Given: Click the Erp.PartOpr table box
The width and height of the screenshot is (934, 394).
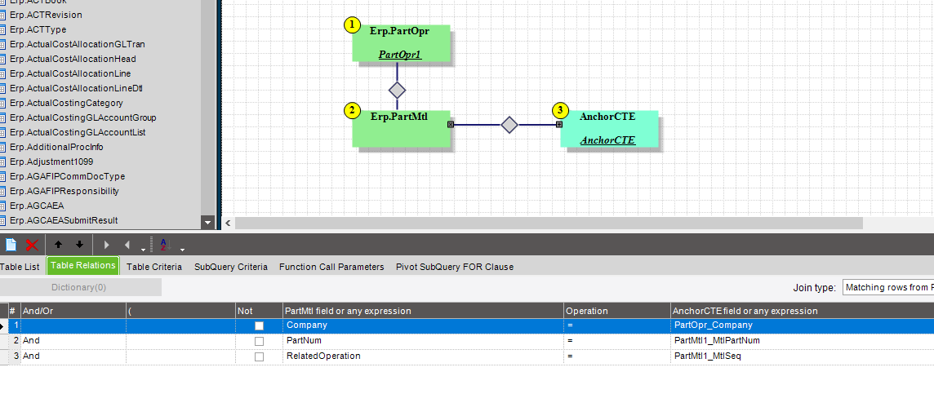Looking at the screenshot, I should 401,43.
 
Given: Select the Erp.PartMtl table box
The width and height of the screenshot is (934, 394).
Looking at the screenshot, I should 401,129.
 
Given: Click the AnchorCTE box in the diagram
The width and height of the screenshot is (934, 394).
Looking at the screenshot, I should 608,129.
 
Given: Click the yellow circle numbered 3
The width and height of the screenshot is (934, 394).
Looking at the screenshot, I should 559,110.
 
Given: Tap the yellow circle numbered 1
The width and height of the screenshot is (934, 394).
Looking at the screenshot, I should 352,24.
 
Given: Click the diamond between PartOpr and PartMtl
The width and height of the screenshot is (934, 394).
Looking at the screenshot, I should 397,90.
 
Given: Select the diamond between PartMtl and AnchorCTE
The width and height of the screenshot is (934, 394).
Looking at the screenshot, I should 509,125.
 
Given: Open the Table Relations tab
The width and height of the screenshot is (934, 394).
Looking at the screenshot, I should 83,266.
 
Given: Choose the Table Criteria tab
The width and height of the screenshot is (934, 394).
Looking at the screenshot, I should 154,267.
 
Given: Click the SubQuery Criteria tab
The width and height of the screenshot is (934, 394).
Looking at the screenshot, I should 230,267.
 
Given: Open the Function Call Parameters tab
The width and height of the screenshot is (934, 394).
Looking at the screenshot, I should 331,267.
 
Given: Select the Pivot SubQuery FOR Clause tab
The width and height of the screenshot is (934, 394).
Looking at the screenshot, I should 455,267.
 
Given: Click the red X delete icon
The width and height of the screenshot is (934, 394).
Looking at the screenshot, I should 32,244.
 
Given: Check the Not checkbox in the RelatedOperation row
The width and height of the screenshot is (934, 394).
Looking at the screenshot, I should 259,356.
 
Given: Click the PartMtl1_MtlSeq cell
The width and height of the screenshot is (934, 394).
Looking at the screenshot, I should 707,356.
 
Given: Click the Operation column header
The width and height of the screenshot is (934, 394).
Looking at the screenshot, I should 587,311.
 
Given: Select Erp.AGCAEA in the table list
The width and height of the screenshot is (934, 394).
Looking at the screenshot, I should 37,206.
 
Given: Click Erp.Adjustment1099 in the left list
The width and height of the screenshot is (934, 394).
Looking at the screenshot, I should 51,162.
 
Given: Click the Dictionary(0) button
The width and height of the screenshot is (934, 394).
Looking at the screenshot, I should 79,287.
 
